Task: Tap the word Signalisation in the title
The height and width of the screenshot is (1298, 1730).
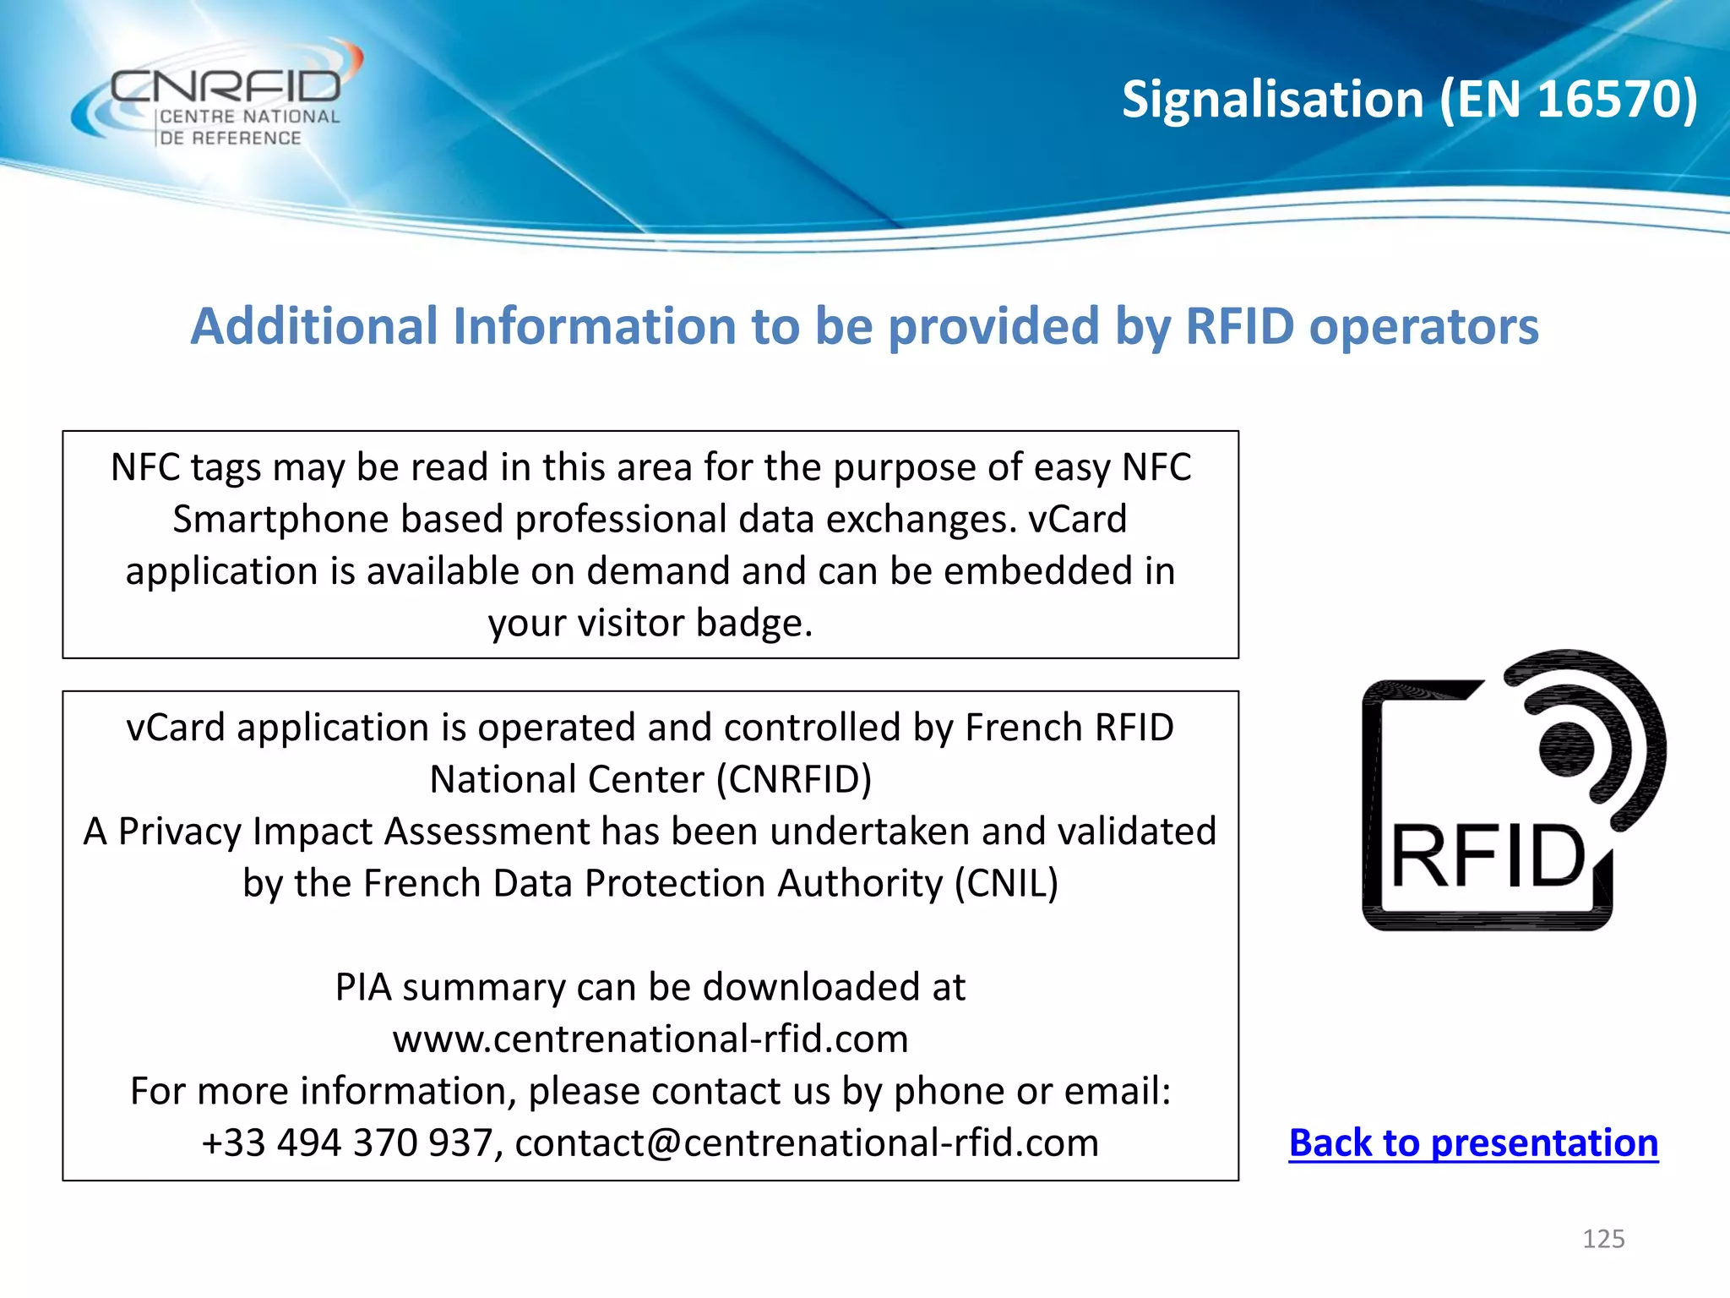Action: (1272, 100)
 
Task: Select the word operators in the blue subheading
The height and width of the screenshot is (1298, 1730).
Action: (1423, 326)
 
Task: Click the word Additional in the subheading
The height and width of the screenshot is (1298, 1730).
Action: (314, 326)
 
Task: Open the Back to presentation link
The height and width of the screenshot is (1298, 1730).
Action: (1473, 1143)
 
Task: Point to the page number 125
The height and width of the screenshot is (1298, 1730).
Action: (1603, 1239)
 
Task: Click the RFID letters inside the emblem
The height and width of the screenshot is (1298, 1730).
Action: (1488, 857)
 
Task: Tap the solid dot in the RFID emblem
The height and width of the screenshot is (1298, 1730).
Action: (1566, 749)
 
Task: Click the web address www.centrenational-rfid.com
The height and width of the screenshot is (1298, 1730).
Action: (650, 1039)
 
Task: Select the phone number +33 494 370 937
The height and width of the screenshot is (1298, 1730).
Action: (346, 1143)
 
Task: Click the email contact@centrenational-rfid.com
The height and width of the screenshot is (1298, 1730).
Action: (807, 1143)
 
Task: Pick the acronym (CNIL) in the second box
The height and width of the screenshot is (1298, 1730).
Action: (1006, 883)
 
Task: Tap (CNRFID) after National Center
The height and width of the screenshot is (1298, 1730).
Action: (794, 779)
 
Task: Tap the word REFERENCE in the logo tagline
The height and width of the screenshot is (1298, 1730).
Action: (247, 138)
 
